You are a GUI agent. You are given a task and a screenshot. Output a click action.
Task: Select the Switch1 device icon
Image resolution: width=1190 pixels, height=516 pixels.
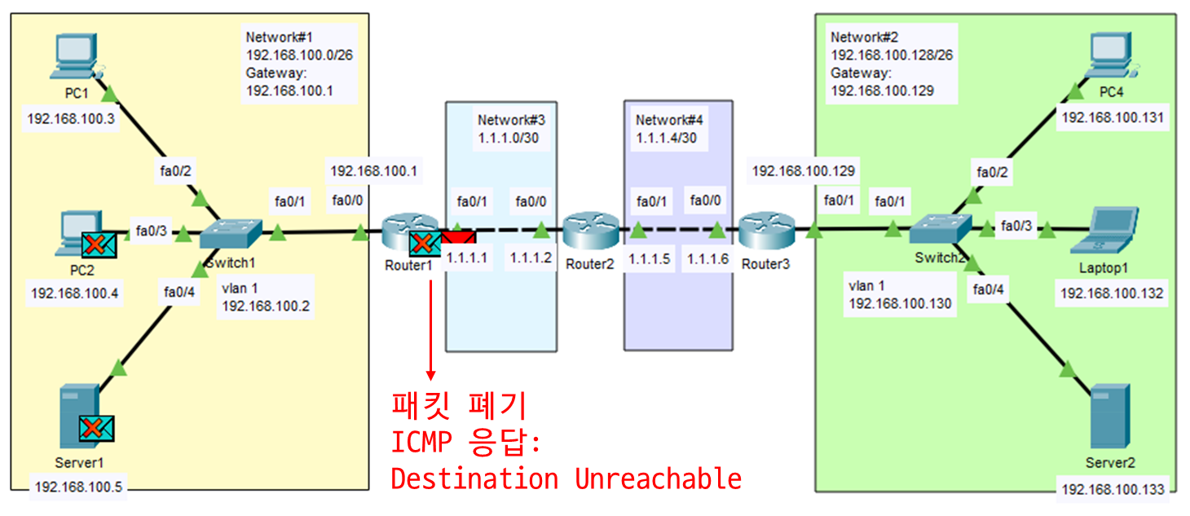point(231,233)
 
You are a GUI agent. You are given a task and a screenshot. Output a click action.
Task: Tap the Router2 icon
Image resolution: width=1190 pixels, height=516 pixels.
point(591,231)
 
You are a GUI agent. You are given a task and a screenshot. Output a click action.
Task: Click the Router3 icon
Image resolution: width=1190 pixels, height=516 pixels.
point(767,231)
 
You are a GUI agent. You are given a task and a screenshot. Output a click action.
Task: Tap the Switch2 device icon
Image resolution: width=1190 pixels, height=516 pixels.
point(941,229)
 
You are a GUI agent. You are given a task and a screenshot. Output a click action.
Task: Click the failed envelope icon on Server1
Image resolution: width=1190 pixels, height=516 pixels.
point(96,427)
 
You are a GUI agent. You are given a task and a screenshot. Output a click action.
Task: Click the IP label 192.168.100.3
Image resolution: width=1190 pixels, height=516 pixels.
point(71,120)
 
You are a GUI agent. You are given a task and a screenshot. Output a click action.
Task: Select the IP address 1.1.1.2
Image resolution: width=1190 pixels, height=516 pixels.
point(531,258)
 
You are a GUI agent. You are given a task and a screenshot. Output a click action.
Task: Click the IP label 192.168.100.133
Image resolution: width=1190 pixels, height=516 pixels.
point(1113,489)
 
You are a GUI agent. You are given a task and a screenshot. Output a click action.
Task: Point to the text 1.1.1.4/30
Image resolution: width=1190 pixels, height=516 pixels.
point(666,139)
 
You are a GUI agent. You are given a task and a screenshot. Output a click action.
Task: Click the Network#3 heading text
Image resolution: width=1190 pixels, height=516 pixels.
point(511,120)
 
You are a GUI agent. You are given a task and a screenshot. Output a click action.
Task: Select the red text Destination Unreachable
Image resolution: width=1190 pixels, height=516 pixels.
point(566,479)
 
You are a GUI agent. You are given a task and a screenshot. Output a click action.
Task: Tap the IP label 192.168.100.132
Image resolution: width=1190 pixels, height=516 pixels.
point(1112,293)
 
